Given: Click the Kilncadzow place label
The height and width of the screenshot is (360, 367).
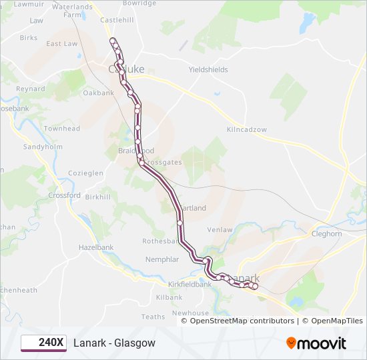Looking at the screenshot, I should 247,129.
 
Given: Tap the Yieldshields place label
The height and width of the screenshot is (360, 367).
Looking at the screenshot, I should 208,69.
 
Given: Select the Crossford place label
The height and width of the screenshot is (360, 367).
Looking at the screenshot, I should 65,195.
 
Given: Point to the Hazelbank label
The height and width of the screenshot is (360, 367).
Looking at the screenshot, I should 97,247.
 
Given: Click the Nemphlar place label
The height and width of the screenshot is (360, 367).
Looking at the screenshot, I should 162,259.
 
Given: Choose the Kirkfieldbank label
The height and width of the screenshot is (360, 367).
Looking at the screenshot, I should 190,284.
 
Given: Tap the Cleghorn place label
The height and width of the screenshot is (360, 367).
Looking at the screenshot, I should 326,234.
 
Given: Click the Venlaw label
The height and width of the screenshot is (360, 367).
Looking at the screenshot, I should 220,230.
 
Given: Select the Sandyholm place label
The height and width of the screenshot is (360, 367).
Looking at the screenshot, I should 42,147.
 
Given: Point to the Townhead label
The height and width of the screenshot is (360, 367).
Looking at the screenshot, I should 62,129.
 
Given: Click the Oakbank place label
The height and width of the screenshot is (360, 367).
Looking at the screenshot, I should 99,93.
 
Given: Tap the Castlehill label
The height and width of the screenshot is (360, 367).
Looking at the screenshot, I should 117,20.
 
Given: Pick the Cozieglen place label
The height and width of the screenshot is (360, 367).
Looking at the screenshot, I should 85,173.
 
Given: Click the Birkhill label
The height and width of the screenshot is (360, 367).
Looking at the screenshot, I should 97,197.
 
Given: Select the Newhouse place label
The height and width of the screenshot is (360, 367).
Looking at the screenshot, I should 190,313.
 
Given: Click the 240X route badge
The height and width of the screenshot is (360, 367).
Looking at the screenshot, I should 43,343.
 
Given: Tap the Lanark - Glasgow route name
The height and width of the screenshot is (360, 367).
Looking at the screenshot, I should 114,343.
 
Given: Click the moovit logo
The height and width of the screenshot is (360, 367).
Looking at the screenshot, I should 316,343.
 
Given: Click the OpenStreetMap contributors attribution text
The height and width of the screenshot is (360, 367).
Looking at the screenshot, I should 242,321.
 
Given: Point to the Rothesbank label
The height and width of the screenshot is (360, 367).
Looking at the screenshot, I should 162,241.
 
